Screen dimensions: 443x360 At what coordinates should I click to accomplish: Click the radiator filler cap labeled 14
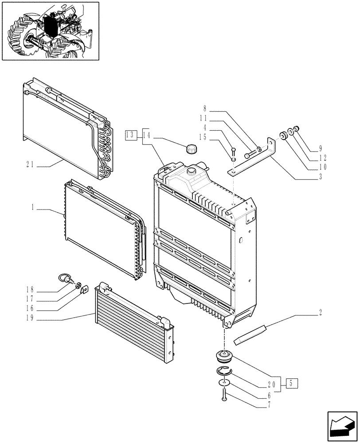pyautogui.click(x=192, y=149)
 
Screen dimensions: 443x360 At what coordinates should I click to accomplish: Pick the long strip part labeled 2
pyautogui.click(x=251, y=334)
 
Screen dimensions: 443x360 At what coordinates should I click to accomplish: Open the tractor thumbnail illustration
pyautogui.click(x=50, y=31)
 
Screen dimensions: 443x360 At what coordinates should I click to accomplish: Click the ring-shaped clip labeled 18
pyautogui.click(x=67, y=279)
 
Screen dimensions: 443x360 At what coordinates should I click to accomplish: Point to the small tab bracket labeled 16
pyautogui.click(x=84, y=290)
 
